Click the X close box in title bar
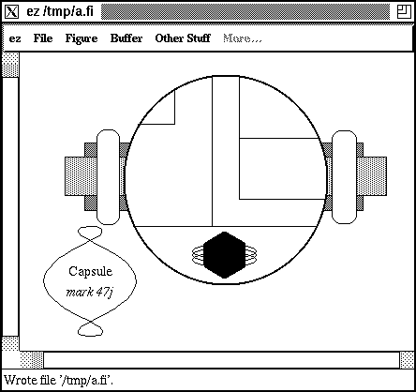click(12, 12)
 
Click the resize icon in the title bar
click(404, 12)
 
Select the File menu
click(43, 38)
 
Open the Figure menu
click(82, 38)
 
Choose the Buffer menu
click(126, 38)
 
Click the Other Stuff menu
click(183, 38)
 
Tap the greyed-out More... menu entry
click(243, 38)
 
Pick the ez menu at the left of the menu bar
click(15, 39)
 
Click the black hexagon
click(224, 255)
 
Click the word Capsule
click(90, 271)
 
